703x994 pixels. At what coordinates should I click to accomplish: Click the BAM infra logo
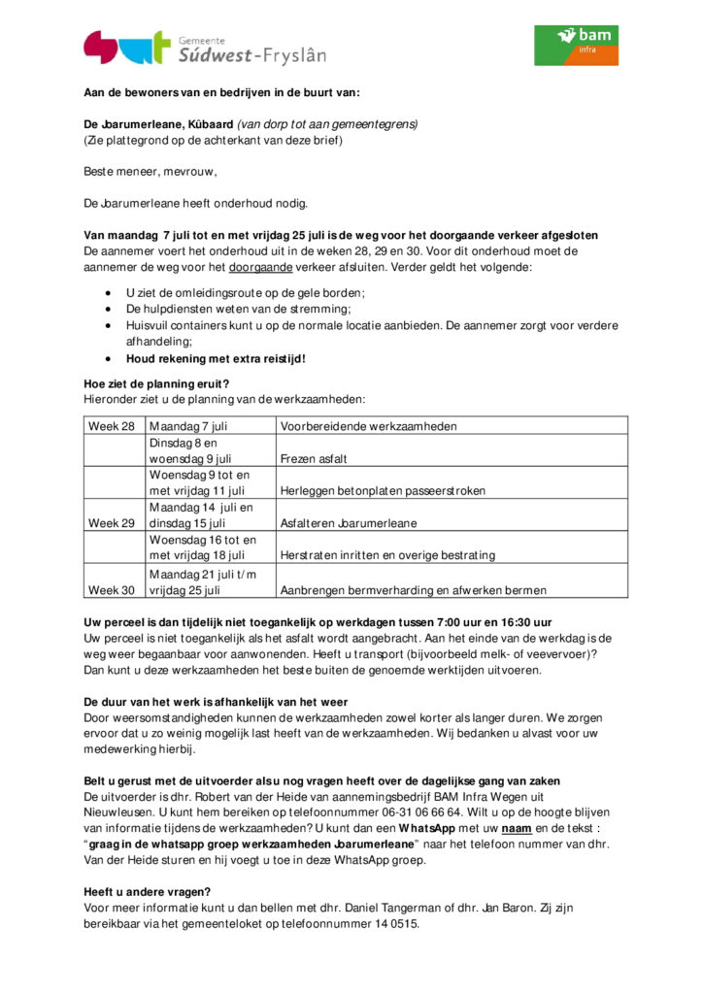tap(576, 45)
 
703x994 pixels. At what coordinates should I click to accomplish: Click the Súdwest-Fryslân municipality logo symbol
tap(126, 47)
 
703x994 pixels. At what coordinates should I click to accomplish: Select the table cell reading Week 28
tap(112, 426)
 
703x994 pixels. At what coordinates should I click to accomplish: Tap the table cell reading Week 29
tap(112, 523)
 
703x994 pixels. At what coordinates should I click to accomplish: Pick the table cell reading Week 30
tap(112, 589)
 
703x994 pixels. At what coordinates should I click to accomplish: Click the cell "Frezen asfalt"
tap(314, 458)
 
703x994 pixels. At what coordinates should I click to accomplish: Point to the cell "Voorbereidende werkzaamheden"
tap(368, 426)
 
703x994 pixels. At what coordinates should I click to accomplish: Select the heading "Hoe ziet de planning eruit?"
tap(156, 383)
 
